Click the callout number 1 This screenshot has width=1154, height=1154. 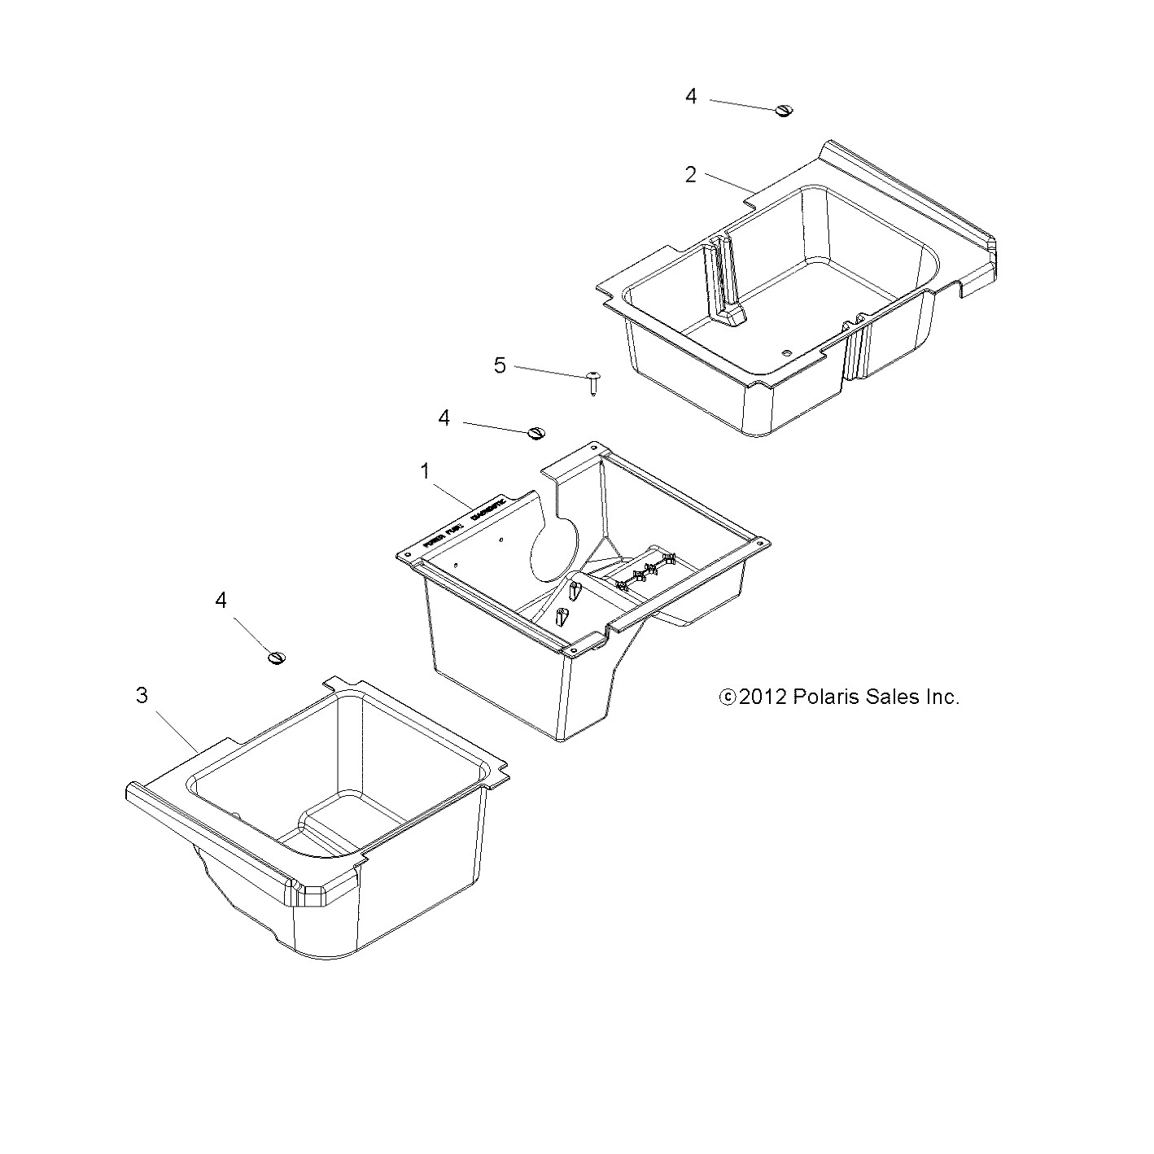[x=424, y=471]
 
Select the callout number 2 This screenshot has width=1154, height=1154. [x=690, y=175]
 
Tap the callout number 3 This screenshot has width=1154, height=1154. [x=142, y=696]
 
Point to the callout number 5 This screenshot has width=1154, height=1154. [x=500, y=365]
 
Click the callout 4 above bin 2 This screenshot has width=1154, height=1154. [x=691, y=97]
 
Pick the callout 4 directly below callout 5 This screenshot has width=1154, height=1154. [x=444, y=418]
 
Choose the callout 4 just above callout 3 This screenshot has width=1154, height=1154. [x=221, y=601]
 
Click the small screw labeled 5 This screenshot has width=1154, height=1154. [x=594, y=382]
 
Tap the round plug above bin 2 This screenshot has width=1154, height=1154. [x=784, y=111]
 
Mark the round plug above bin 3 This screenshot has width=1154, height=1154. [x=278, y=657]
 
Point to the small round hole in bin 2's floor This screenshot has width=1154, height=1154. [x=785, y=352]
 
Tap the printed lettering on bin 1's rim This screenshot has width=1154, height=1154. [x=465, y=522]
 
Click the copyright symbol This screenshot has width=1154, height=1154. [x=727, y=697]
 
